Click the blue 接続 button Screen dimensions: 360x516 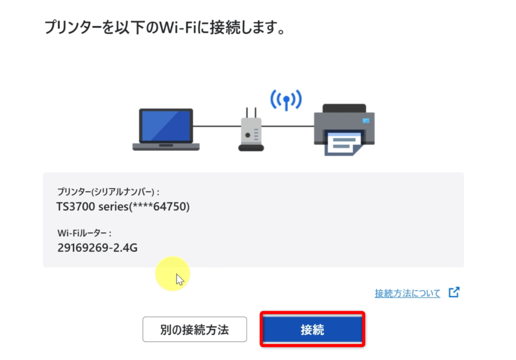[312, 330]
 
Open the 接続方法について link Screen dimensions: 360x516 [407, 293]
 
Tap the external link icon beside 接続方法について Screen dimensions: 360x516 [454, 292]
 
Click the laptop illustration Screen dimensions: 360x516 [166, 129]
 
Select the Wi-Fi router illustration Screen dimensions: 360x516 [250, 132]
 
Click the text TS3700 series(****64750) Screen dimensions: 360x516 [123, 207]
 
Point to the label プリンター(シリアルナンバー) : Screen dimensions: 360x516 [109, 192]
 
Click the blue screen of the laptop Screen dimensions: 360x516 [166, 125]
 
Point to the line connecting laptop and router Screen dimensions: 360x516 [216, 126]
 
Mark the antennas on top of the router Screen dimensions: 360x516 [250, 112]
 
